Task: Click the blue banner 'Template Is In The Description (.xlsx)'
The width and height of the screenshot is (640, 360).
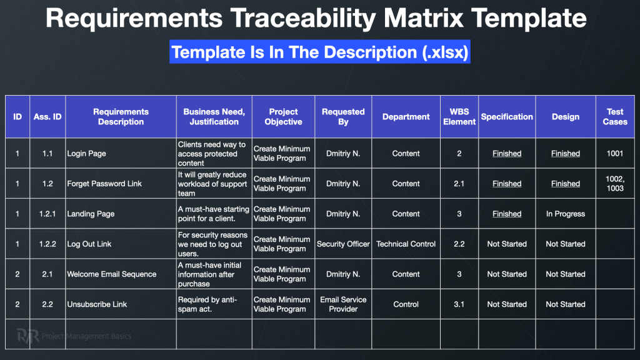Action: pos(320,52)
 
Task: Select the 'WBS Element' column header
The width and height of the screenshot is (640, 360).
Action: pos(459,117)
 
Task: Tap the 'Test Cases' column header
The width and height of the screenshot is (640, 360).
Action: pos(615,117)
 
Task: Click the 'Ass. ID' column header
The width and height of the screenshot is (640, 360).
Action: pos(47,117)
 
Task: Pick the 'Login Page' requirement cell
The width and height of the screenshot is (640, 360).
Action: pos(86,154)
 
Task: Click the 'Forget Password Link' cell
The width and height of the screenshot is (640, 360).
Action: pos(104,184)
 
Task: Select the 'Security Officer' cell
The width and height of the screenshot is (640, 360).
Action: pos(343,244)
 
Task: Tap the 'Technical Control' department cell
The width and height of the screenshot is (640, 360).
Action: pos(406,244)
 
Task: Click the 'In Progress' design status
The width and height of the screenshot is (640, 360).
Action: pos(566,214)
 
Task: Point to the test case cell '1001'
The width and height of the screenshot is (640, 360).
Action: pos(615,154)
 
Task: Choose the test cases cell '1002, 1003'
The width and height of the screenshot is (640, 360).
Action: pos(615,184)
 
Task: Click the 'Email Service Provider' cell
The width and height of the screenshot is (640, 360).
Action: pos(343,304)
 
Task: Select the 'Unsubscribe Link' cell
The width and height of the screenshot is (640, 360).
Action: pos(97,304)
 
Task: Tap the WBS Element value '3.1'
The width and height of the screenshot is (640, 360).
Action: pos(459,304)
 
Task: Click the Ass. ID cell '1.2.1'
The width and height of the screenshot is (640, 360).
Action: pos(47,214)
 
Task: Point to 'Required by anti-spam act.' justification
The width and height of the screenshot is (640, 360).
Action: pos(207,304)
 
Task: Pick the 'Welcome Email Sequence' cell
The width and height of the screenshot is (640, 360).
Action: pos(112,274)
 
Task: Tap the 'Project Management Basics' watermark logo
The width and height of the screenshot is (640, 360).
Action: pos(74,336)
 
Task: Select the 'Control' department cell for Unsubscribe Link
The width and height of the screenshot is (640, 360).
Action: pos(406,304)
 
